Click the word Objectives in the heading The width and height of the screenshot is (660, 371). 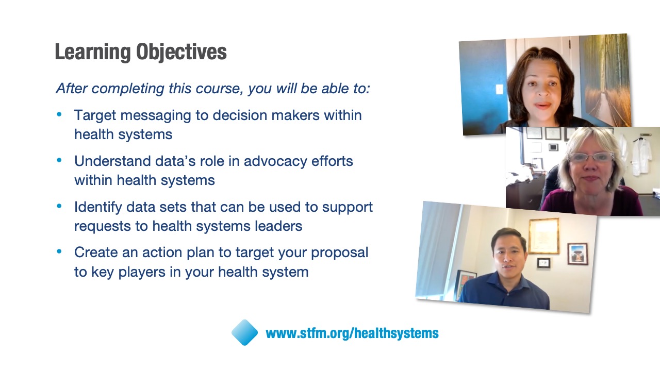[181, 52]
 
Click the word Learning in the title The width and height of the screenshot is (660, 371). [92, 52]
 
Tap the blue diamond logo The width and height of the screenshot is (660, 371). [244, 332]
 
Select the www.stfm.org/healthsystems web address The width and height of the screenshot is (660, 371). [352, 333]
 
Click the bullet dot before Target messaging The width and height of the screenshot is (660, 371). [59, 114]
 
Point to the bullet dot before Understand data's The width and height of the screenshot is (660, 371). [59, 160]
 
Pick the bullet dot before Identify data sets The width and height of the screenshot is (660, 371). [59, 206]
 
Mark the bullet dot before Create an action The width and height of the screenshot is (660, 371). [59, 251]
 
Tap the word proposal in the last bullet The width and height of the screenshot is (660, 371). [339, 253]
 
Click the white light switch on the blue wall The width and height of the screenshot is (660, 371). [500, 89]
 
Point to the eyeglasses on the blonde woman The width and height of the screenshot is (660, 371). [590, 158]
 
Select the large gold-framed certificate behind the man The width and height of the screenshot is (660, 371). [544, 236]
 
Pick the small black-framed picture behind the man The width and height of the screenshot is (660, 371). [544, 263]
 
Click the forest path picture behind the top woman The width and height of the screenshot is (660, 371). [607, 79]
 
